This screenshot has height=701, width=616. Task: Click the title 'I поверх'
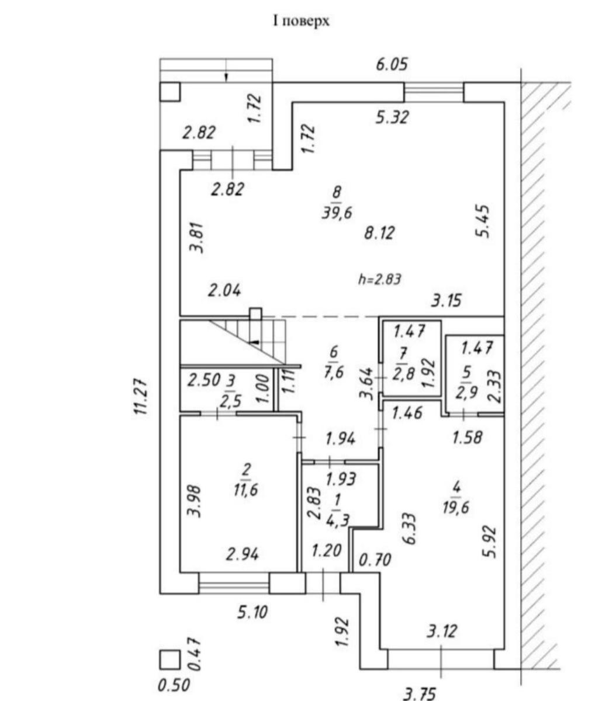coord(300,22)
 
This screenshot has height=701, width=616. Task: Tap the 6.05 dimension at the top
coord(392,65)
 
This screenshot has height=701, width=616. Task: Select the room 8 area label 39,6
coord(336,213)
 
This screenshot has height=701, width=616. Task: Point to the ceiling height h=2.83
coord(379,279)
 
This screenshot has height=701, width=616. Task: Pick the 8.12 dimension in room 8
coord(379,233)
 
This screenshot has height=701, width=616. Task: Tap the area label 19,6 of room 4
coord(455,508)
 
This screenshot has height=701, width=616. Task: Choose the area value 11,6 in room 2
coord(245,490)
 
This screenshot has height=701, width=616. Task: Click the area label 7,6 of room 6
coord(333,373)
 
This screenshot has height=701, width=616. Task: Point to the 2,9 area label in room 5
coord(466,392)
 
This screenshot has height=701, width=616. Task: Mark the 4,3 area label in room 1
coord(338,520)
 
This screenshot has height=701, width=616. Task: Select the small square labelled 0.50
coord(170,660)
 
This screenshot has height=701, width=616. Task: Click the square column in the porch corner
coord(169,92)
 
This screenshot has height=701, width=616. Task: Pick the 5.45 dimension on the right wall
coord(483,221)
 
